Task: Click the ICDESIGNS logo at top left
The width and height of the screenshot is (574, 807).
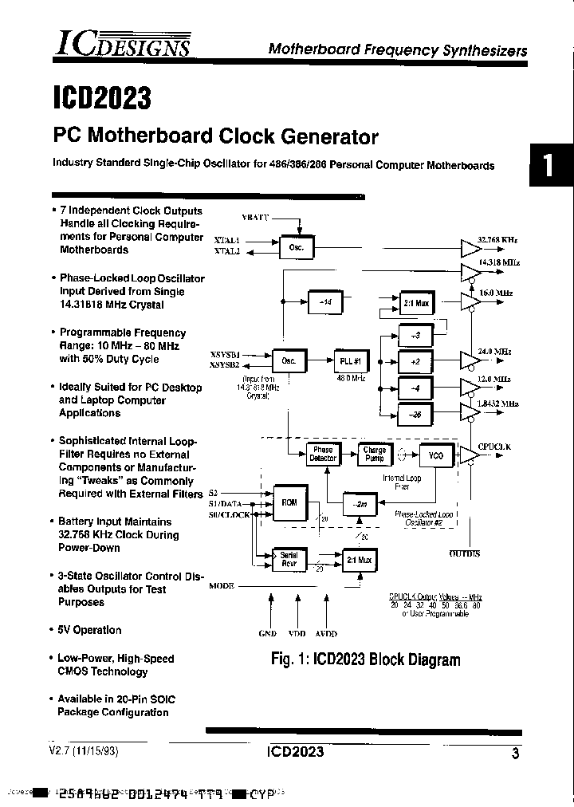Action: point(122,44)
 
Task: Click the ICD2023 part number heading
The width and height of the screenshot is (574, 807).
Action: point(101,98)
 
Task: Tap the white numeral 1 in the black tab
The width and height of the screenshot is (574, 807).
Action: point(548,166)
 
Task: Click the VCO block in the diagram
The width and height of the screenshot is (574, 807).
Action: point(436,455)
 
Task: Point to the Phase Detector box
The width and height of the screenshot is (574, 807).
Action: point(323,455)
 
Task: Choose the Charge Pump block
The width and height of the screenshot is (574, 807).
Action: point(374,455)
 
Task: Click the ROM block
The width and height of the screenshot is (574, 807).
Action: point(289,502)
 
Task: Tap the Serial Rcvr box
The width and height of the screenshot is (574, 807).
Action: point(289,559)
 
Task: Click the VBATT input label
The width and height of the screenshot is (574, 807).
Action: point(256,218)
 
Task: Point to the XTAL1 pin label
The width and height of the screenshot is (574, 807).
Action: point(226,238)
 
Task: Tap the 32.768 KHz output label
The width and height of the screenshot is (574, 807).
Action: point(498,239)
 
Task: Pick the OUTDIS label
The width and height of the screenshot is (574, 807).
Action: point(465,553)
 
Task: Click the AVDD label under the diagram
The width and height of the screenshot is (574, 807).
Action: point(325,633)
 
